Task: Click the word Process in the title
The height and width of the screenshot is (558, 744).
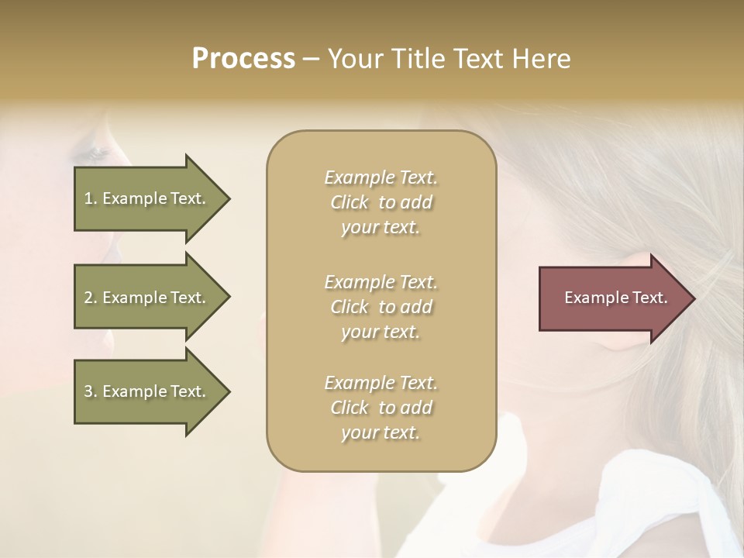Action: coord(243,59)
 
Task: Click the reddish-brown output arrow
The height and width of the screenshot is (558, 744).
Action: coord(612,298)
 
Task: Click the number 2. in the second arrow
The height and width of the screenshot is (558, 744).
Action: coord(91,298)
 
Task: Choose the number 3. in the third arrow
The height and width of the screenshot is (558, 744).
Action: coord(91,391)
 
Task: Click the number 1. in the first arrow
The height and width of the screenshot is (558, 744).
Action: coord(91,198)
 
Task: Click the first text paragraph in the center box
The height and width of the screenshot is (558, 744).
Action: coord(381,202)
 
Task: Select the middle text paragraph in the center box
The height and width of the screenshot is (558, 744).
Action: coord(381,307)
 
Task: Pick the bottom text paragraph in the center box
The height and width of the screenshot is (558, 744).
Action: coord(381,408)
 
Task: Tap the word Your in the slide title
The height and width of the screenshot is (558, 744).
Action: coord(353,59)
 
